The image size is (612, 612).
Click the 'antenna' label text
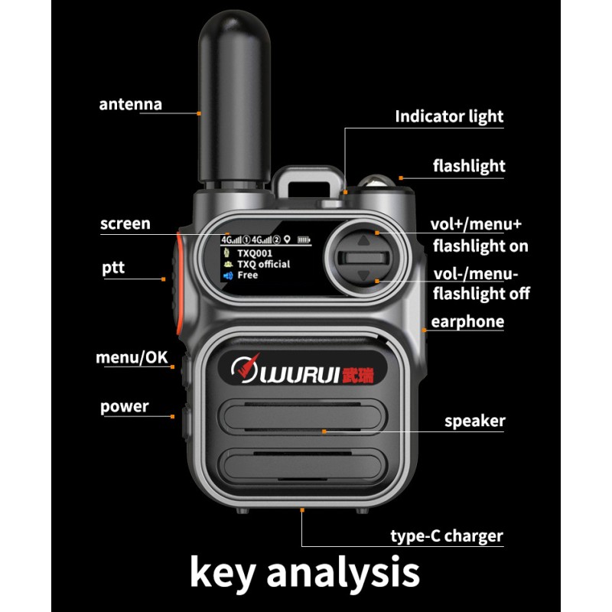[x=130, y=104]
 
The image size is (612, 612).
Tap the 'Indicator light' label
[x=449, y=116]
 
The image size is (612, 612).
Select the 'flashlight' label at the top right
[x=468, y=166]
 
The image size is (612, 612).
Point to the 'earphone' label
[x=467, y=321]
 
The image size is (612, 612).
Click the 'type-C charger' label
[x=447, y=535]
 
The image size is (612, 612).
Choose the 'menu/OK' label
[x=131, y=357]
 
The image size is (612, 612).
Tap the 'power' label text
[x=124, y=406]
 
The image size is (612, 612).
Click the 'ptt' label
[x=112, y=269]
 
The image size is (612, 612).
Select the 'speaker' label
[x=474, y=421]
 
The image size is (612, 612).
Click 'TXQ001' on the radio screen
[x=255, y=252]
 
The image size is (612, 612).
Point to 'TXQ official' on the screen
[x=263, y=264]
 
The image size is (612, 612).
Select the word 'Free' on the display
[x=247, y=275]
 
